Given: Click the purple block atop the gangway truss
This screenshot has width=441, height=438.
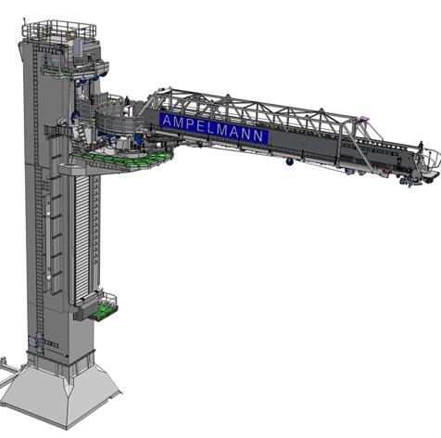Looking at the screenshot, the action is (x=365, y=118).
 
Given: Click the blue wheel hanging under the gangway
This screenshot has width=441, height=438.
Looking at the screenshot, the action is (x=290, y=161).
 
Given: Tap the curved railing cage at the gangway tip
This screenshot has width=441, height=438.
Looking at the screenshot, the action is (x=430, y=160).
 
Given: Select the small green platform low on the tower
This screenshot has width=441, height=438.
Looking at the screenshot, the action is (x=102, y=313).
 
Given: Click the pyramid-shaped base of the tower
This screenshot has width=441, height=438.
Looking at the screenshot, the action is (x=61, y=395).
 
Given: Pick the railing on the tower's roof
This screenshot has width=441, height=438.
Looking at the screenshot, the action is (x=59, y=30).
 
